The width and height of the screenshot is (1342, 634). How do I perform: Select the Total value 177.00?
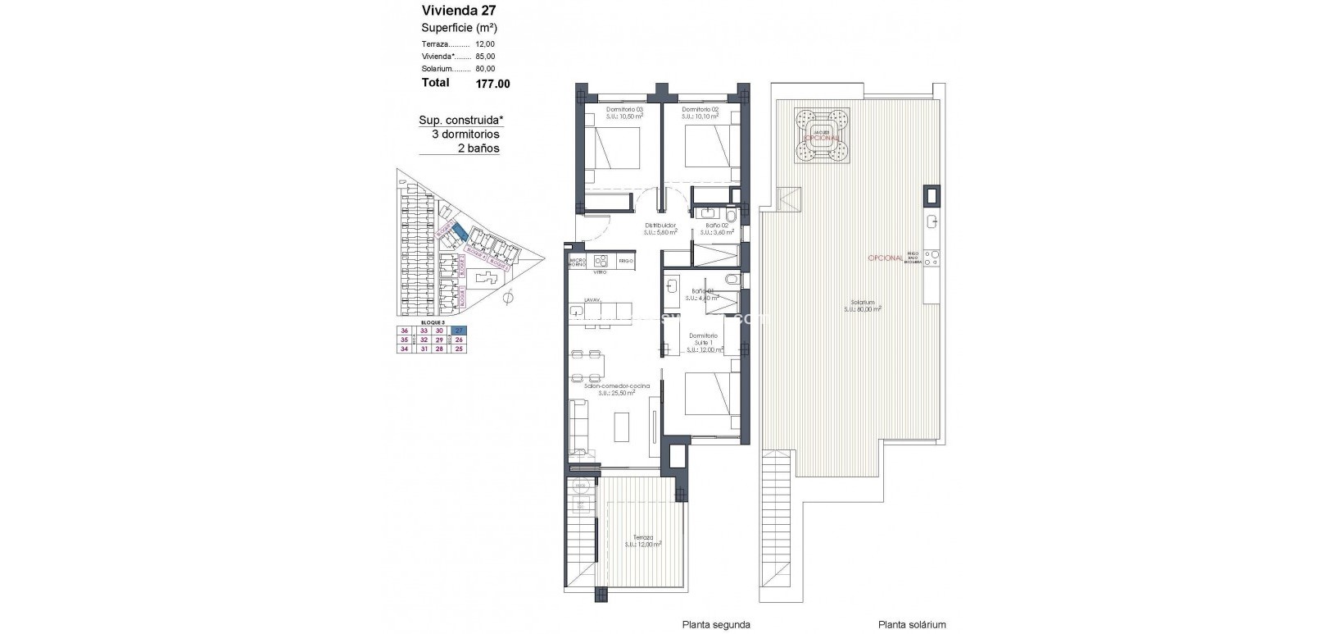(x=492, y=83)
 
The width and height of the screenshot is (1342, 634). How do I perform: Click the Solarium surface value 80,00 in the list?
(x=485, y=69)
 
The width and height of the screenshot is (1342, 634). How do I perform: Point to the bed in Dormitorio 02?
(x=706, y=148)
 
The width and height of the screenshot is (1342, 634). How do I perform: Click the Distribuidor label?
(x=660, y=225)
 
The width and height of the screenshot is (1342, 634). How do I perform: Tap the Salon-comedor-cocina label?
(x=623, y=385)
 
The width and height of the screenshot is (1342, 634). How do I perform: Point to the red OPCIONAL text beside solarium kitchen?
(x=885, y=258)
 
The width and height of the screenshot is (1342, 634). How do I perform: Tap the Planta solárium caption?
(x=912, y=624)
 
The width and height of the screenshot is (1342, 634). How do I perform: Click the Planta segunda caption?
(x=716, y=624)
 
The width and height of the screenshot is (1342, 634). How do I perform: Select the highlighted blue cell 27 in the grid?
(x=459, y=331)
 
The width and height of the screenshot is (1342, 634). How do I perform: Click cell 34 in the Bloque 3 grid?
(x=403, y=349)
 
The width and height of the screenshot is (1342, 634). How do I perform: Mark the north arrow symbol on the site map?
(x=506, y=299)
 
